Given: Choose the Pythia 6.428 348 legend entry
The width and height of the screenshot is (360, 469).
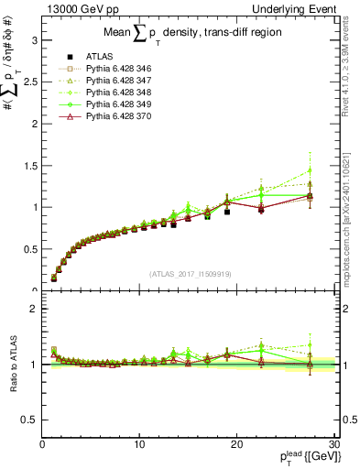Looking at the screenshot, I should click(x=109, y=93).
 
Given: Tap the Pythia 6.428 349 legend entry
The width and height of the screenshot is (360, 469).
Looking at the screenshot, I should click(x=109, y=104).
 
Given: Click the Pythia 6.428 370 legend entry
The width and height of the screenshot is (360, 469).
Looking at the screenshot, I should click(x=109, y=116).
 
